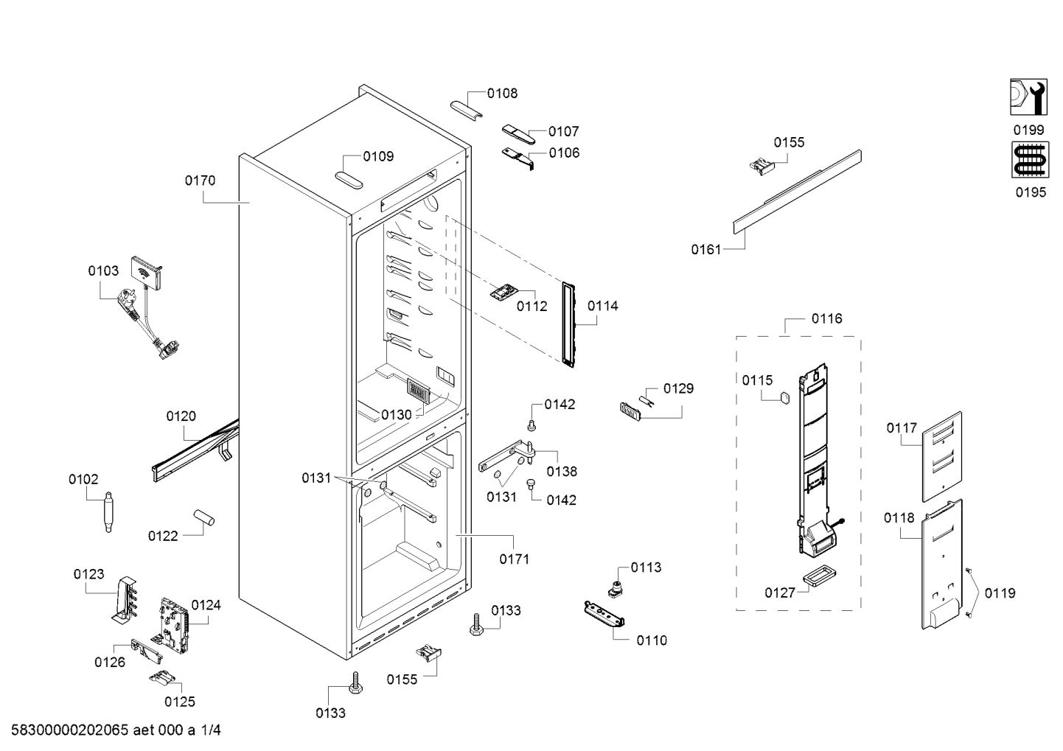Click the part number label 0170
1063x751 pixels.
click(x=200, y=181)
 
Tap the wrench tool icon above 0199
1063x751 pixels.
click(x=1028, y=97)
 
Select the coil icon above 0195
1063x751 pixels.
click(x=1030, y=159)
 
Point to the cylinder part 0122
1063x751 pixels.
click(x=203, y=517)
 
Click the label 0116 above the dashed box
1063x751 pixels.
click(x=826, y=318)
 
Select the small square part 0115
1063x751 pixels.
click(x=785, y=397)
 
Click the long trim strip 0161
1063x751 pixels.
click(x=798, y=192)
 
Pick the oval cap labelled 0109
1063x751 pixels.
click(x=349, y=181)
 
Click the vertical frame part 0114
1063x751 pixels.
click(x=568, y=324)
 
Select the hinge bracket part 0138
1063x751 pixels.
click(x=507, y=456)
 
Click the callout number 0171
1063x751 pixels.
click(x=515, y=559)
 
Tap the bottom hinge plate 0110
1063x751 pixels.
click(x=604, y=614)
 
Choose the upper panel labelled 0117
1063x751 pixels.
click(x=942, y=457)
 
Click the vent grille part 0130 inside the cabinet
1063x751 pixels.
click(x=418, y=391)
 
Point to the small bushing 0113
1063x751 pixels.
click(x=616, y=589)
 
